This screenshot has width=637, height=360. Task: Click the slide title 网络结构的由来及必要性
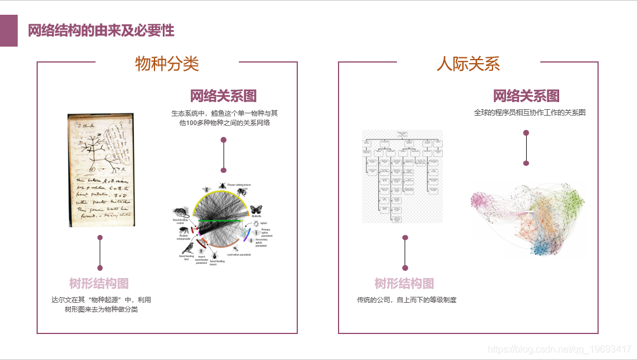[101, 30]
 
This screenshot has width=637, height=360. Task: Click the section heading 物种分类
[167, 63]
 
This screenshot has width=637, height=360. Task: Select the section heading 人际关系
[468, 63]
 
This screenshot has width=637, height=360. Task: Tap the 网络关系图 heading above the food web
[223, 96]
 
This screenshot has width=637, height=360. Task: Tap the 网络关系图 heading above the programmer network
[526, 96]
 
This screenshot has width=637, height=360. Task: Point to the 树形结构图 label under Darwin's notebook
[99, 283]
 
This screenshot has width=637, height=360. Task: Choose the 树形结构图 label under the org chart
[405, 283]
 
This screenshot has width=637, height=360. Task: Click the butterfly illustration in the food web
[256, 209]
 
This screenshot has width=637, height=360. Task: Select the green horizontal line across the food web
[219, 221]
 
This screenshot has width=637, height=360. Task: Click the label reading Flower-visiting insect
[239, 185]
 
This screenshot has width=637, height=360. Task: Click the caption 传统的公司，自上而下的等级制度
[406, 300]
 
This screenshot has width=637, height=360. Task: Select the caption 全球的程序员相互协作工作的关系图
[530, 112]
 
